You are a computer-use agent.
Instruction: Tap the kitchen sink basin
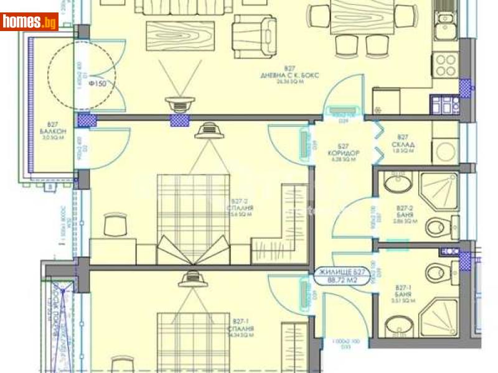(x=446, y=19)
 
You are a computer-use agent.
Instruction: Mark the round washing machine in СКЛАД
(x=446, y=150)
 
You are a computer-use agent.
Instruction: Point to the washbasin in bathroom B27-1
(x=395, y=325)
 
